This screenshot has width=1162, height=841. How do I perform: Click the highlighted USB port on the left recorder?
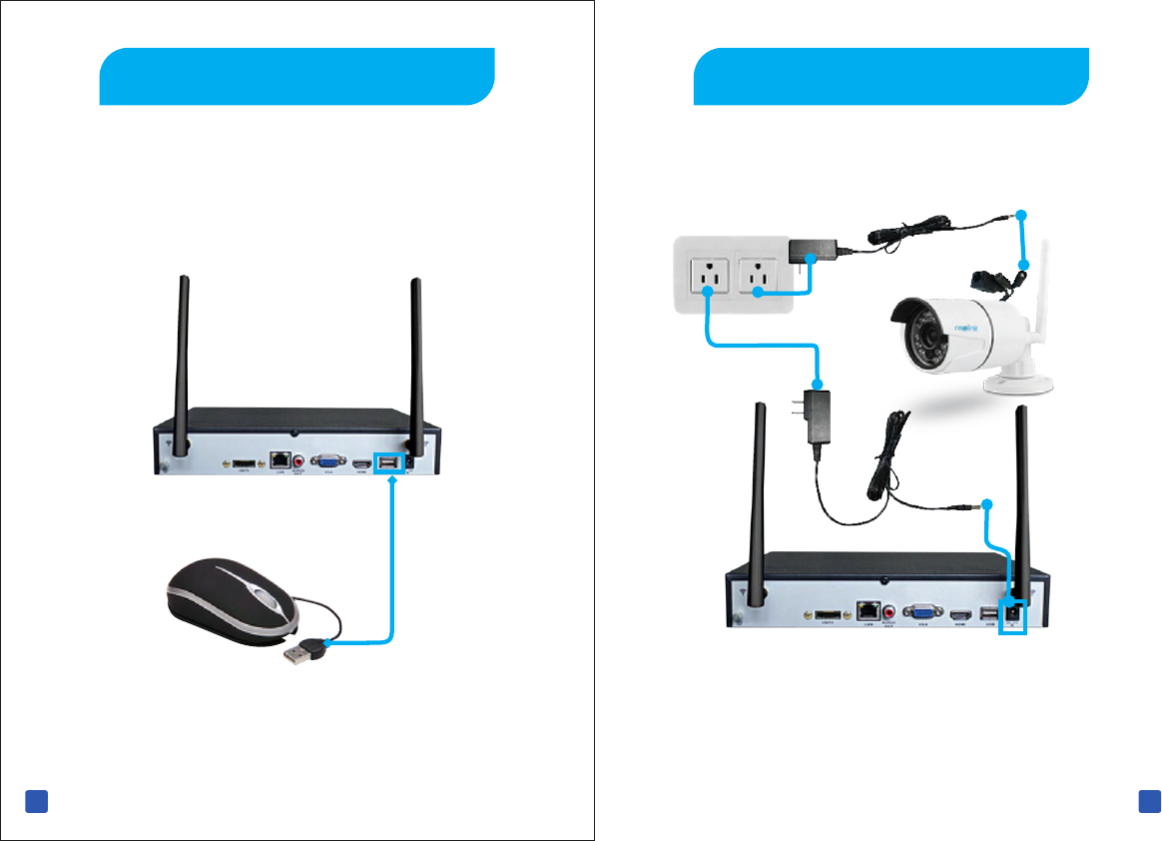point(388,462)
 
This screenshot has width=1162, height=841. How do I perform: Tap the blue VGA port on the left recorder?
point(325,461)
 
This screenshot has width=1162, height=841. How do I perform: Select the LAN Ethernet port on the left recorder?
point(281,461)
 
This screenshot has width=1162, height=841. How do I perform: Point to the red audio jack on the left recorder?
point(298,461)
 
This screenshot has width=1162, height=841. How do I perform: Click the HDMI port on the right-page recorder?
point(961,614)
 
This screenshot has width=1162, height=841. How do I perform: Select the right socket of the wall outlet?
point(756,272)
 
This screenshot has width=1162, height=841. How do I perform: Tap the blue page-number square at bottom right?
point(1148,801)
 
